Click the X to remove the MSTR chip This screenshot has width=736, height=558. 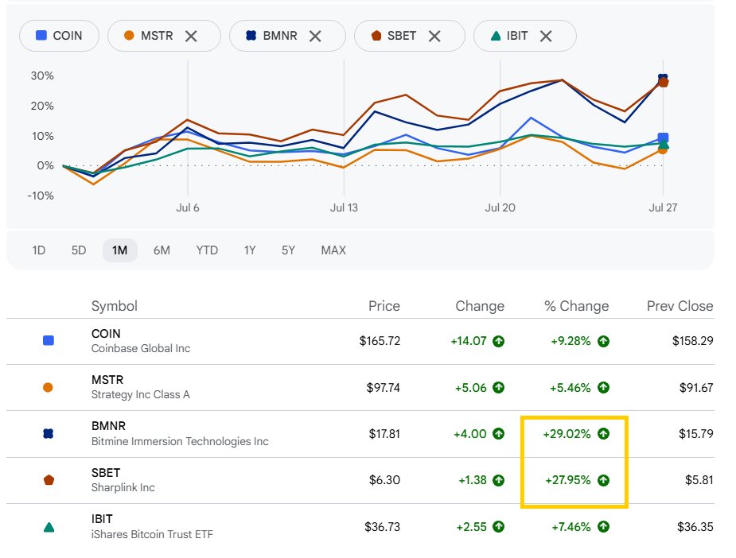coord(191,36)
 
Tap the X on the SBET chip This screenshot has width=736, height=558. coord(434,36)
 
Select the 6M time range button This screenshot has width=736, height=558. coord(162,250)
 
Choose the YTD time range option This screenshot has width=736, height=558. coord(207,250)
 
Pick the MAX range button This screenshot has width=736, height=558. coord(333,250)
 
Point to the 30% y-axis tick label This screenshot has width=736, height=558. coord(42,76)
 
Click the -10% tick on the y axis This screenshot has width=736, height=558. coord(41,196)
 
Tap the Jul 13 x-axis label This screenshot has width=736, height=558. coord(344,207)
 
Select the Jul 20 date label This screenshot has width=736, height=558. coord(500,207)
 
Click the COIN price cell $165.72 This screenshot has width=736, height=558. coord(380,341)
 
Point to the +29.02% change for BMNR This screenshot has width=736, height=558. coord(567,434)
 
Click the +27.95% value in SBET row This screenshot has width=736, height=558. coord(568,480)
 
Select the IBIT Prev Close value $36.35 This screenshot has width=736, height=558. coord(695,526)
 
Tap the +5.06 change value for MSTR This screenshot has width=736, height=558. coord(471,388)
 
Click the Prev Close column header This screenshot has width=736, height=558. coord(680,306)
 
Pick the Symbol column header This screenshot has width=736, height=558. coord(115,306)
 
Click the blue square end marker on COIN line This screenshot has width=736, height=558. coord(663,138)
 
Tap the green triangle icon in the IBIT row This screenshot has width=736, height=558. coord(49,527)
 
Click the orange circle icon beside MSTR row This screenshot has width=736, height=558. coord(48,387)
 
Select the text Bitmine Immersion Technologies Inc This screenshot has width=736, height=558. coord(180,441)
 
